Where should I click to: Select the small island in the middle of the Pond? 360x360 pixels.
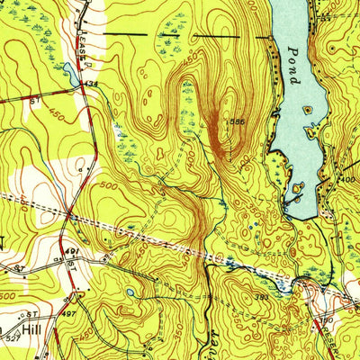point(309,110)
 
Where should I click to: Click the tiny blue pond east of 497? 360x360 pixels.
point(131,292)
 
